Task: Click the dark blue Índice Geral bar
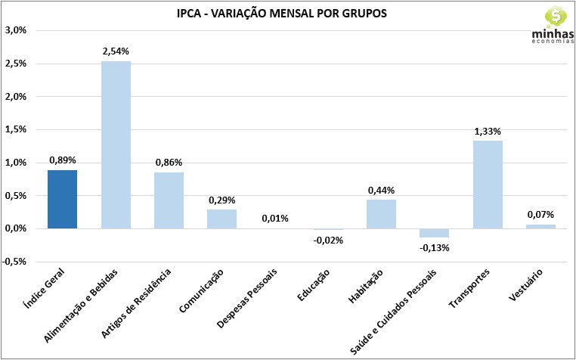pyautogui.click(x=62, y=199)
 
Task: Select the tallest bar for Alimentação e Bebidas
pyautogui.click(x=116, y=144)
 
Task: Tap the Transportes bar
pyautogui.click(x=488, y=185)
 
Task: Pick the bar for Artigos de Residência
pyautogui.click(x=169, y=200)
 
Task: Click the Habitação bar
pyautogui.click(x=381, y=213)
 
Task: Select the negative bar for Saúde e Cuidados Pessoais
pyautogui.click(x=434, y=233)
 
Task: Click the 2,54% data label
pyautogui.click(x=116, y=51)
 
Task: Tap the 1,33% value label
pyautogui.click(x=488, y=131)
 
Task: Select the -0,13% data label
pyautogui.click(x=434, y=248)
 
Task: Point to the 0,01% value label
pyautogui.click(x=275, y=219)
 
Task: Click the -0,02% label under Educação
pyautogui.click(x=328, y=240)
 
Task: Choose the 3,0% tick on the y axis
pyautogui.click(x=15, y=30)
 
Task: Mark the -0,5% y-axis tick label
pyautogui.click(x=15, y=262)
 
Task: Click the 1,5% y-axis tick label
pyautogui.click(x=15, y=129)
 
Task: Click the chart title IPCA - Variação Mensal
pyautogui.click(x=287, y=14)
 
